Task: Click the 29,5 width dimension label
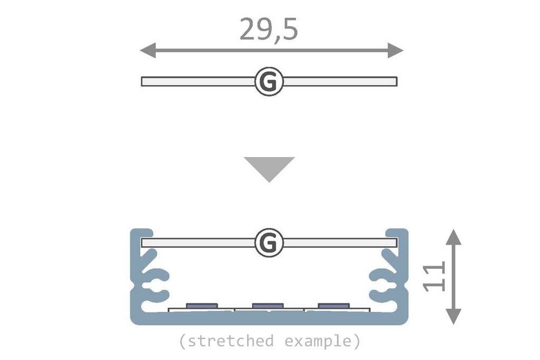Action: click(268, 30)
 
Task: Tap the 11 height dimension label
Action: click(435, 276)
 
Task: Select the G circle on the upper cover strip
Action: click(268, 81)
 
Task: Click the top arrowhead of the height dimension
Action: click(455, 236)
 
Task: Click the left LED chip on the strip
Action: click(202, 306)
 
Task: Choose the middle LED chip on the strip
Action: click(268, 306)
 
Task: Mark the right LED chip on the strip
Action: click(334, 306)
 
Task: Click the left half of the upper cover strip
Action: click(197, 81)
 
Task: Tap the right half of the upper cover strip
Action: click(340, 81)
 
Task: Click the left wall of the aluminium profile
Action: click(135, 275)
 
